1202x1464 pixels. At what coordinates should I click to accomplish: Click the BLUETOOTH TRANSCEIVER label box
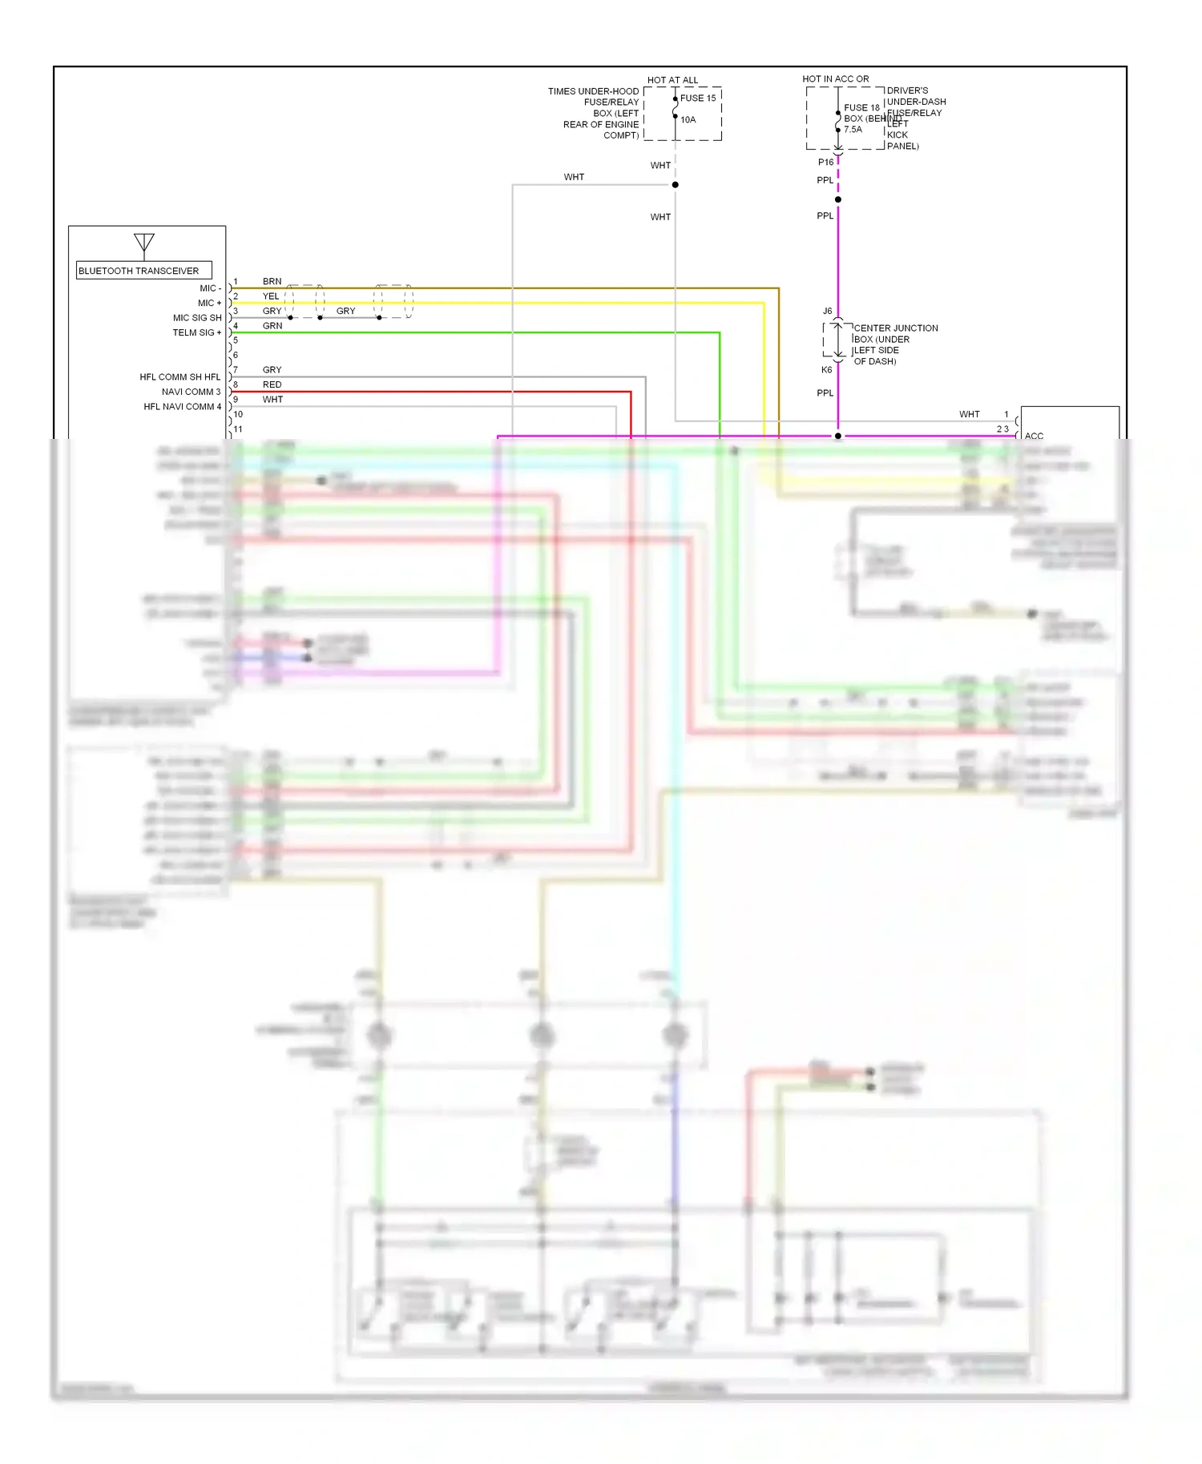click(143, 271)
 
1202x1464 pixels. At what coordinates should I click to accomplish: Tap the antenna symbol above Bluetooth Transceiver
click(144, 243)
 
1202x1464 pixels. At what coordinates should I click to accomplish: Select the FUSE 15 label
click(698, 99)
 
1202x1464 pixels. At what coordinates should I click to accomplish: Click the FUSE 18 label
click(861, 108)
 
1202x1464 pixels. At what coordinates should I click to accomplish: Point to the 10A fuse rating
click(688, 120)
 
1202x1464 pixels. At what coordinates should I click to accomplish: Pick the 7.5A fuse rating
click(853, 130)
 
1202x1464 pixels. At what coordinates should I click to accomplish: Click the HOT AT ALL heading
click(672, 80)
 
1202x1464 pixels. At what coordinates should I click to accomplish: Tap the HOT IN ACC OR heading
click(835, 79)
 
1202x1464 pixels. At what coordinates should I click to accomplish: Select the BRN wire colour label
click(272, 282)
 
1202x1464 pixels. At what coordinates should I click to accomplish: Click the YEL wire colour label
click(272, 296)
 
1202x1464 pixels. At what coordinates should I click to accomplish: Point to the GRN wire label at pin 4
click(272, 326)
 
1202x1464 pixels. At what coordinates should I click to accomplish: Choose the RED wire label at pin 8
click(272, 385)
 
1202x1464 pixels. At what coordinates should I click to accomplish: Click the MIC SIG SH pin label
click(197, 318)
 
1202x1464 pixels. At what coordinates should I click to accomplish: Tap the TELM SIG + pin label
click(197, 333)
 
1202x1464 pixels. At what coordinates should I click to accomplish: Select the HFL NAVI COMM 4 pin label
click(183, 407)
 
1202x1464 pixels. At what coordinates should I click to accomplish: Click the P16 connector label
click(825, 163)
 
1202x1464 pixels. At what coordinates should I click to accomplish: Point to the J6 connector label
click(827, 312)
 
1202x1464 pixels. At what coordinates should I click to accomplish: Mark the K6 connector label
click(826, 370)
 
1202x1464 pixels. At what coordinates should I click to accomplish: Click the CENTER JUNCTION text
click(895, 328)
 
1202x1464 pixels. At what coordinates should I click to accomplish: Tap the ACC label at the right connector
click(1034, 436)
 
